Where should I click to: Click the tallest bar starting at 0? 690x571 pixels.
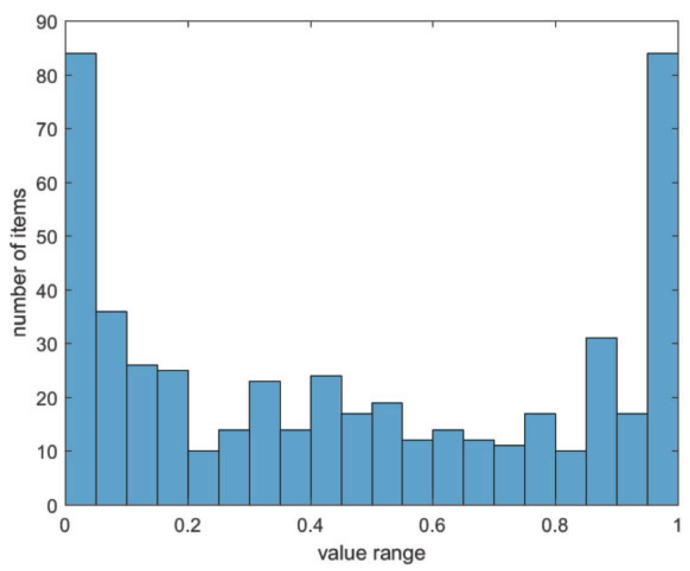pyautogui.click(x=81, y=278)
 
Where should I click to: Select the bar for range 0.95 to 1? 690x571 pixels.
pyautogui.click(x=663, y=278)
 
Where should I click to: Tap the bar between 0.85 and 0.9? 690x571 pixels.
pyautogui.click(x=601, y=421)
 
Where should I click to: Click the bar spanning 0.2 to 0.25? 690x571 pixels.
pyautogui.click(x=203, y=478)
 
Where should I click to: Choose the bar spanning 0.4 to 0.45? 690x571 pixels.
pyautogui.click(x=326, y=440)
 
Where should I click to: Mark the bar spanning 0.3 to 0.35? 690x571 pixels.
pyautogui.click(x=264, y=443)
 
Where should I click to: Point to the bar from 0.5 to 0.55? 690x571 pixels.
pyautogui.click(x=387, y=454)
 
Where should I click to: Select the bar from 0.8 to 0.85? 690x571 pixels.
pyautogui.click(x=571, y=478)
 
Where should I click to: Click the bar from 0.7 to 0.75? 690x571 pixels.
pyautogui.click(x=509, y=475)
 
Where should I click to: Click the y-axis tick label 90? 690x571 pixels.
pyautogui.click(x=47, y=22)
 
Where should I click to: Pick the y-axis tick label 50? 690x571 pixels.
pyautogui.click(x=47, y=236)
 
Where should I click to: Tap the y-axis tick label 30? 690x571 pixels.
pyautogui.click(x=47, y=344)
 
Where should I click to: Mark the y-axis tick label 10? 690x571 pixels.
pyautogui.click(x=47, y=451)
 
